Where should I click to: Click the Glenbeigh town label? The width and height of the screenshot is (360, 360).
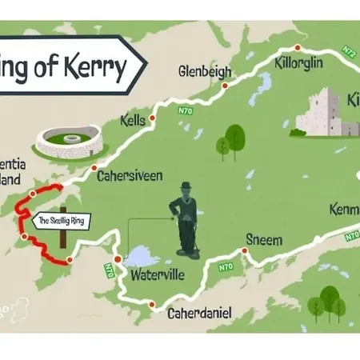pyautogui.click(x=206, y=70)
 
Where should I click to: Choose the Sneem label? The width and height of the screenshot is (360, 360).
pyautogui.click(x=263, y=239)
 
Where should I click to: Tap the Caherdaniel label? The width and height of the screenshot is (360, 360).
pyautogui.click(x=199, y=314)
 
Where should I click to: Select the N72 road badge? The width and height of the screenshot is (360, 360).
pyautogui.click(x=349, y=51)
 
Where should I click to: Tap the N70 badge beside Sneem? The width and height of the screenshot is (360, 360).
pyautogui.click(x=226, y=266)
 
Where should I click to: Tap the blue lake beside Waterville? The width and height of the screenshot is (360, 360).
pyautogui.click(x=142, y=256)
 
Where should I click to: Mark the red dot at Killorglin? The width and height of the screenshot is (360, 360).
pyautogui.click(x=298, y=47)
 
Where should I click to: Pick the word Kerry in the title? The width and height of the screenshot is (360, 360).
pyautogui.click(x=102, y=66)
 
